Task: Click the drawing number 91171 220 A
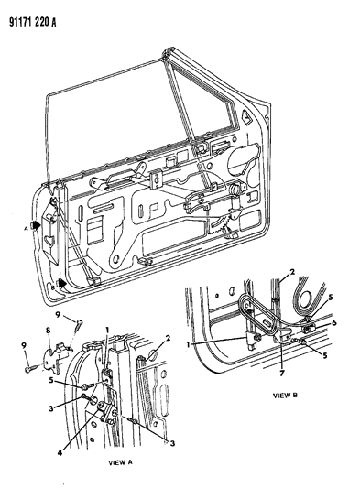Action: tap(33, 22)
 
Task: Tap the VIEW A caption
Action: tap(120, 462)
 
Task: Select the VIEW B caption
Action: tap(285, 396)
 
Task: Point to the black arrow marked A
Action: tap(35, 225)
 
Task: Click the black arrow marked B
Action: tap(61, 284)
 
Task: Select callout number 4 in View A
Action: tap(60, 452)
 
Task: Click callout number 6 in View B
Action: tap(334, 323)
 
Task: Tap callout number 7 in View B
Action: tap(282, 373)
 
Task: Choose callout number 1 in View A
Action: tap(107, 329)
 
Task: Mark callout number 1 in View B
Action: tap(188, 344)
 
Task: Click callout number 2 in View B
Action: tap(292, 272)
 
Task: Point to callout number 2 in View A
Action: tap(168, 338)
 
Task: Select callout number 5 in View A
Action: tap(50, 380)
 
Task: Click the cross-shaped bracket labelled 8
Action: tap(56, 358)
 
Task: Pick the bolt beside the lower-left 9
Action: tap(30, 369)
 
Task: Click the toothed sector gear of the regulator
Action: tap(220, 226)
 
